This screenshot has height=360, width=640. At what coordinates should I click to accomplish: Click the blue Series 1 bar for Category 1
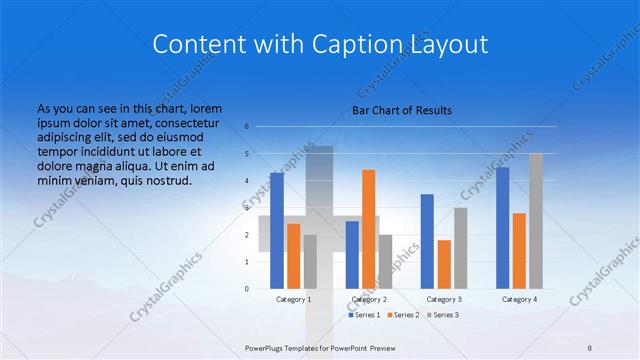277,230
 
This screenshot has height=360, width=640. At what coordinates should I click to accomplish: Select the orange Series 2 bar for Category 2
368,229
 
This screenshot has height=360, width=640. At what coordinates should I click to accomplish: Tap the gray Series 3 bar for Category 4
536,221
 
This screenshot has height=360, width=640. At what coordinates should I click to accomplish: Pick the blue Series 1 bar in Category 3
427,241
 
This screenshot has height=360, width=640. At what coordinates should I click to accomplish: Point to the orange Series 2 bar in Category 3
444,264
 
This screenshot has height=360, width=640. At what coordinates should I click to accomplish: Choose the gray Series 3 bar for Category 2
385,261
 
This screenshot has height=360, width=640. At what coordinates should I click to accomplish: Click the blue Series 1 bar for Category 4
502,227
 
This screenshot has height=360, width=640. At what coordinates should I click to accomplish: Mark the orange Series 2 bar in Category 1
293,256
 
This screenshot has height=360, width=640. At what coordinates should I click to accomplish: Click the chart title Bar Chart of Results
402,110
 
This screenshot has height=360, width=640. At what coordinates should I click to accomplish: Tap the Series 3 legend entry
444,315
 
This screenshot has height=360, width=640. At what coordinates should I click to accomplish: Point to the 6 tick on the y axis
247,127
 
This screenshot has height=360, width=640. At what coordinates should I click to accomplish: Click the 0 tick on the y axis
247,288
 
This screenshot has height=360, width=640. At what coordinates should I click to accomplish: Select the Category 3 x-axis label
444,299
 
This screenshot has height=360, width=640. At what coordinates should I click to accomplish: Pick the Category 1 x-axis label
293,299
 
